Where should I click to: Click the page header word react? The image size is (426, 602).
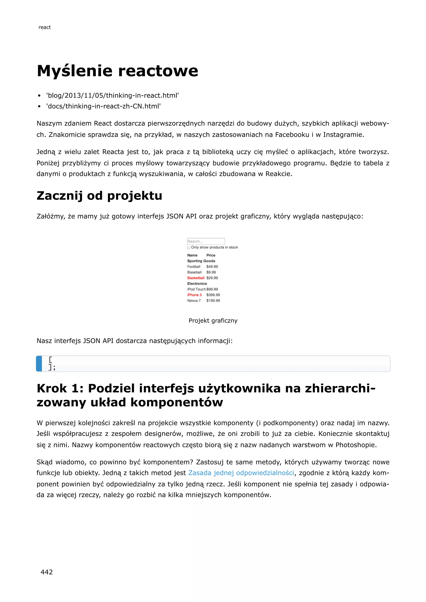[45, 27]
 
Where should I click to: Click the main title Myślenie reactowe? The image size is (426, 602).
[117, 71]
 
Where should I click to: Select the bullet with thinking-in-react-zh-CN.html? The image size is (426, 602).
[103, 106]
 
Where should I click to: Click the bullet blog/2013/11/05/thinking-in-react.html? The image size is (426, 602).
[112, 95]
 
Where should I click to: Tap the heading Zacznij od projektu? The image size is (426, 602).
[99, 196]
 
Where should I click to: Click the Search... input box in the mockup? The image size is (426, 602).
[206, 241]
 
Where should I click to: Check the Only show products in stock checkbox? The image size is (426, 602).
[189, 247]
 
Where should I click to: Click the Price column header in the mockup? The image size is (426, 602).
[211, 255]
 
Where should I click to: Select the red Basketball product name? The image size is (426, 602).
[196, 278]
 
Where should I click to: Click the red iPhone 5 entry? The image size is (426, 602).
[194, 295]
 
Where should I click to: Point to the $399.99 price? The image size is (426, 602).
[213, 295]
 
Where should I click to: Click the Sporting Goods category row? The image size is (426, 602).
[201, 261]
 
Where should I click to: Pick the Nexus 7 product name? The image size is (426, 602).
[194, 301]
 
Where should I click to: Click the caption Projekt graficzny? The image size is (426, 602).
[213, 321]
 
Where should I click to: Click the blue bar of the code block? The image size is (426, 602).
[39, 364]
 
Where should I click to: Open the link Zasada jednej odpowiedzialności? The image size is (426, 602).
[241, 473]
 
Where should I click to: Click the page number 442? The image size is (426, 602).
[47, 572]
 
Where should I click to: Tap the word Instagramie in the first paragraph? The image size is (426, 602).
[343, 135]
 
